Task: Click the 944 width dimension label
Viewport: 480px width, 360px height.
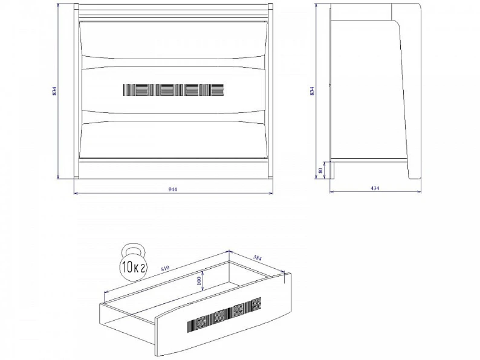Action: pos(173,189)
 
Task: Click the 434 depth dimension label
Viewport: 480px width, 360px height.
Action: pos(375,188)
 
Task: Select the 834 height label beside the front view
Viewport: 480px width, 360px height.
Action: pos(54,91)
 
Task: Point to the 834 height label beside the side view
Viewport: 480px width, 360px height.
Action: pos(312,91)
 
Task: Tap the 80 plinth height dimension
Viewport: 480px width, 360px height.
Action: pos(320,170)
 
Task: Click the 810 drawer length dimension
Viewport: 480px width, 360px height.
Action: pos(165,268)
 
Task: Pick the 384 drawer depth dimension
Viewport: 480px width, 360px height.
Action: pos(258,258)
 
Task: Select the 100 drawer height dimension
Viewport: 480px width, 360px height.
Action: pos(199,280)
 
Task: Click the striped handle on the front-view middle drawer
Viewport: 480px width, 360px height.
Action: pos(174,90)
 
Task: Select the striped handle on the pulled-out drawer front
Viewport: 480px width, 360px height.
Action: pos(224,315)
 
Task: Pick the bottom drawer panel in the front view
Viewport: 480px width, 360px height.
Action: pos(174,139)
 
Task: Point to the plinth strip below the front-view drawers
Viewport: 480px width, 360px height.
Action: pos(174,169)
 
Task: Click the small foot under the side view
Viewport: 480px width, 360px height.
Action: pos(332,170)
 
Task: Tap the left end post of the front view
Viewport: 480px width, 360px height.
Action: pos(76,91)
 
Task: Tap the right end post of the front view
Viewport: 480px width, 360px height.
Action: pos(271,91)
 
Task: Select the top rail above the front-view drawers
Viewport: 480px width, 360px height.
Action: pos(174,11)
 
